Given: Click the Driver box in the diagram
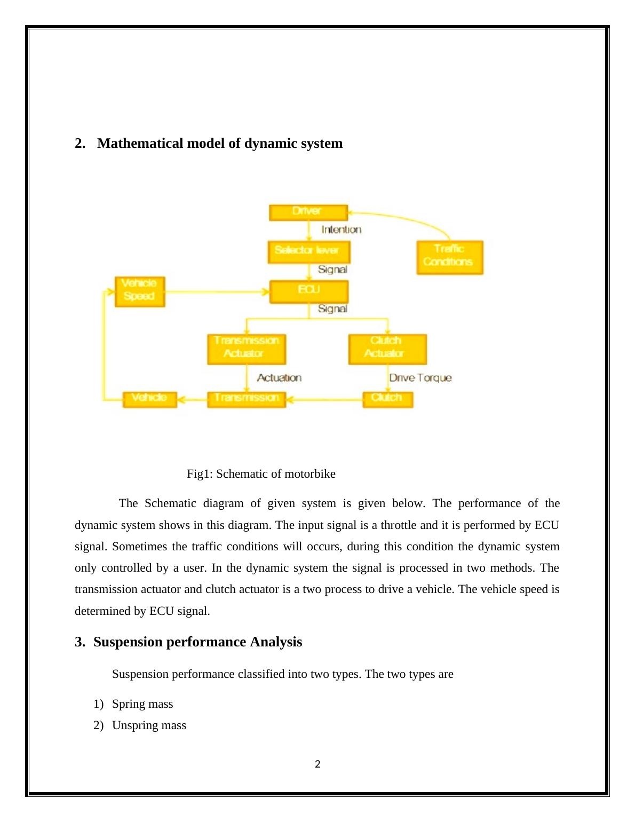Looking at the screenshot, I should (x=308, y=212).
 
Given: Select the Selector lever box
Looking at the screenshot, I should (x=308, y=251).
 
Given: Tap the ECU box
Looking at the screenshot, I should (x=308, y=291).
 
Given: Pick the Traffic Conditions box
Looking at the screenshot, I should (x=449, y=257).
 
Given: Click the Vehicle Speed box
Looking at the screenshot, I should (x=140, y=291).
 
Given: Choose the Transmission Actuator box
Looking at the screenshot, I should (x=246, y=349).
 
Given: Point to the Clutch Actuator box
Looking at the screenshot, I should (x=387, y=349).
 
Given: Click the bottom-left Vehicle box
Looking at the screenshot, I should (x=149, y=399).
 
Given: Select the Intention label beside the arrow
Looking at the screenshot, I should (x=341, y=230).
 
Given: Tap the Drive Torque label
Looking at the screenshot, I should (x=420, y=378).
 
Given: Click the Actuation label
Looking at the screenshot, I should (x=279, y=378).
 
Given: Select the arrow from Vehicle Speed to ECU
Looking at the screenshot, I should (x=216, y=291).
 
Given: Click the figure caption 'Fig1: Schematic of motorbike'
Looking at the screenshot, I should (x=261, y=474).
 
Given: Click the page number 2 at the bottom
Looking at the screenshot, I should (x=317, y=764).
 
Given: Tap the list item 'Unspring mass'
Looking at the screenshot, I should (x=149, y=725).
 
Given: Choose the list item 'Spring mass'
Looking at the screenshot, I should (x=142, y=704).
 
